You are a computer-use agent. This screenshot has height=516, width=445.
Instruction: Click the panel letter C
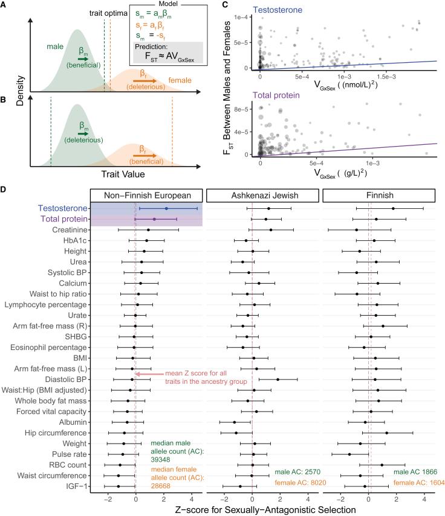(225, 5)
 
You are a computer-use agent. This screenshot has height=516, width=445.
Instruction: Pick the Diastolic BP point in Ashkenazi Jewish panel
(278, 380)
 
